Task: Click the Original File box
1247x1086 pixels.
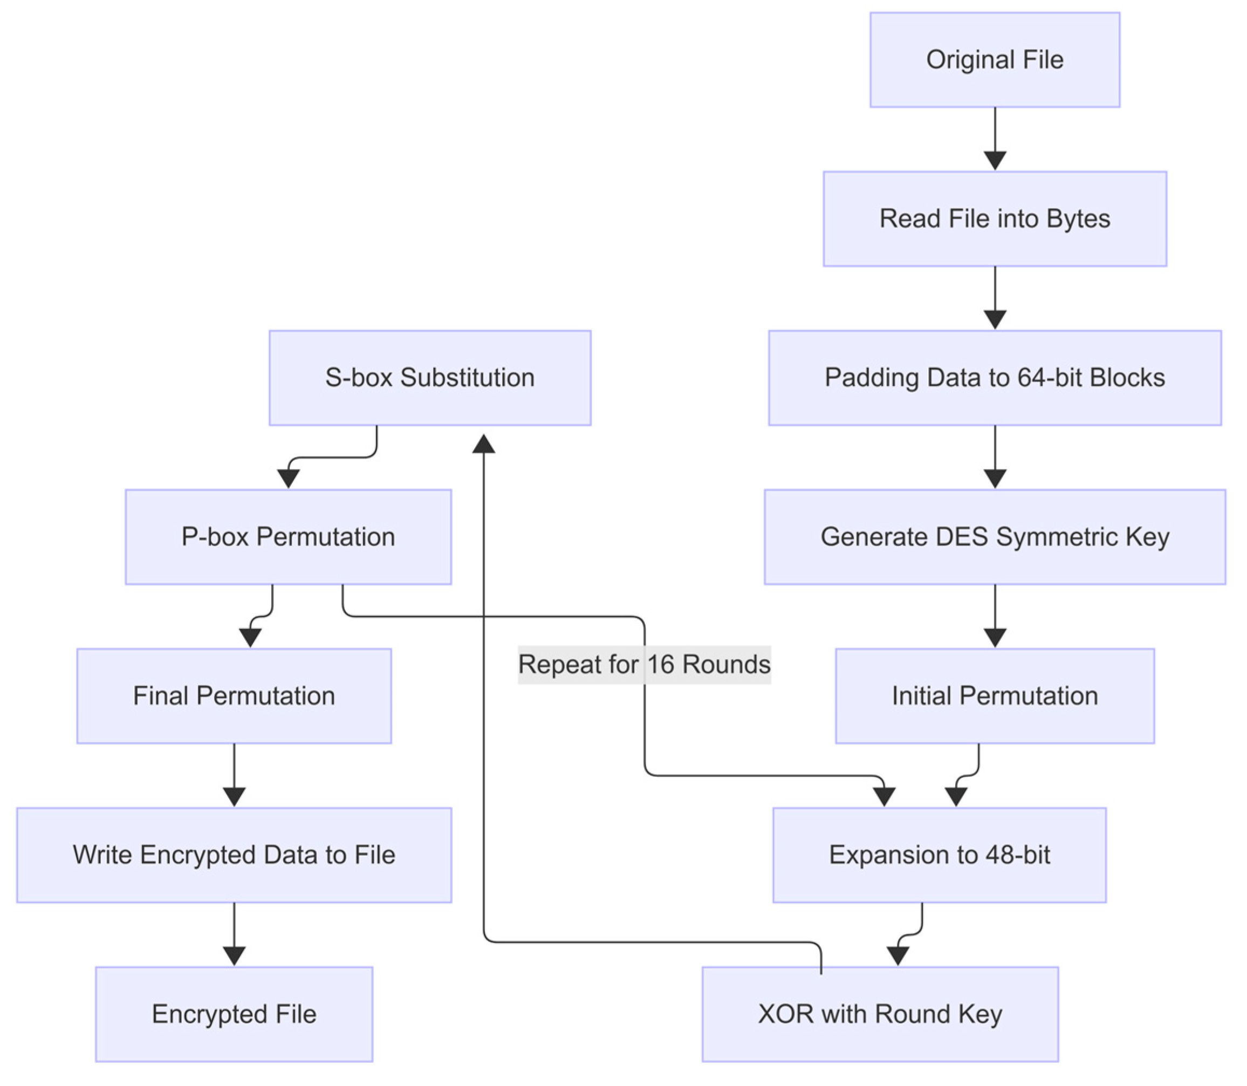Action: [x=995, y=60]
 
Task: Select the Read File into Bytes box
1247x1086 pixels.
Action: [x=995, y=219]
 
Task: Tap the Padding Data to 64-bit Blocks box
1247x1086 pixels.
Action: [x=995, y=378]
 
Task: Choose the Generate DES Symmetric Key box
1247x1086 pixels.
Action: [x=995, y=537]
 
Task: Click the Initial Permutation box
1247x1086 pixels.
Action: [x=995, y=696]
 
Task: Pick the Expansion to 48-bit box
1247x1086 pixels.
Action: [x=939, y=855]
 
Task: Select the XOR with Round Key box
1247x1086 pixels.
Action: [x=880, y=1014]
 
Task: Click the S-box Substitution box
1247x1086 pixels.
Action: [x=430, y=378]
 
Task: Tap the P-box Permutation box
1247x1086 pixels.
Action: [x=288, y=537]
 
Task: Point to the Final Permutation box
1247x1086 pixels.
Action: [x=234, y=696]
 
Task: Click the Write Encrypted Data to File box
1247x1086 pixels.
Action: [x=234, y=855]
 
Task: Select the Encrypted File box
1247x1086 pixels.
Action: [x=234, y=1014]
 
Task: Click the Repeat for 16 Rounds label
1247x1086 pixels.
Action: [x=643, y=665]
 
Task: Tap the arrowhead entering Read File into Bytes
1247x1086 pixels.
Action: [x=995, y=161]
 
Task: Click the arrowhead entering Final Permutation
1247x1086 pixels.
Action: [x=250, y=638]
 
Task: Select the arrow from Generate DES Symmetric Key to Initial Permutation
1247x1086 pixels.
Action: [x=995, y=612]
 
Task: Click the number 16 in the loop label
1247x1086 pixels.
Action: [x=661, y=665]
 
